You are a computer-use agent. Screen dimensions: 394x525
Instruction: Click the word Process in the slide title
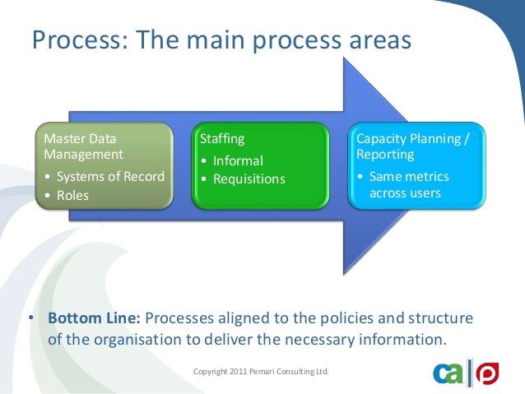69,39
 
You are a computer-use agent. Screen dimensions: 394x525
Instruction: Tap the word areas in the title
372,39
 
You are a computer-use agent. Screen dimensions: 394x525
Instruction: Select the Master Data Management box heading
83,146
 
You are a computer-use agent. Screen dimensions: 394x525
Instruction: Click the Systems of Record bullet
109,176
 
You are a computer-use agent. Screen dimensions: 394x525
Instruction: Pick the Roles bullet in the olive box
72,196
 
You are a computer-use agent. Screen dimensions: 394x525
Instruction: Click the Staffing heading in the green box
223,139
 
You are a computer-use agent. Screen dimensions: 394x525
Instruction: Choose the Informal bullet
238,160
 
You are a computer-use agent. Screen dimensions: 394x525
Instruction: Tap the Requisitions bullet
249,178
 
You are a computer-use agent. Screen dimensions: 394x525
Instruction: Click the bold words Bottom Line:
95,318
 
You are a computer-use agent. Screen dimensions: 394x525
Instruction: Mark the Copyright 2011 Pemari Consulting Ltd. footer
261,373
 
